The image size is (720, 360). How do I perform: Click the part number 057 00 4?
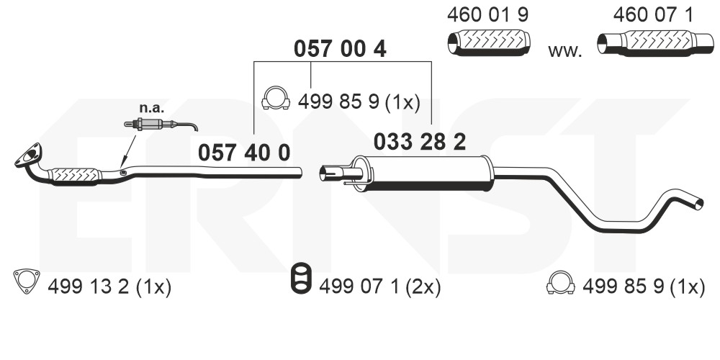tap(340, 48)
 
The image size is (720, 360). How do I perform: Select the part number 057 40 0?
tap(244, 153)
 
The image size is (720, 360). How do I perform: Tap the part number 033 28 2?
tap(420, 142)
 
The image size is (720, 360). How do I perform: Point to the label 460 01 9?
tap(487, 15)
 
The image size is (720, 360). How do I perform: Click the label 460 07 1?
tap(653, 15)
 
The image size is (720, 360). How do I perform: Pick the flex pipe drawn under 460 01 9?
tap(489, 42)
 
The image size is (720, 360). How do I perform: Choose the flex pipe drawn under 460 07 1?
tap(655, 43)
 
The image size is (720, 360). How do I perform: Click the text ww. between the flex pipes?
tap(564, 50)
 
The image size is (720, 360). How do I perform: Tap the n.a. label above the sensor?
tap(151, 109)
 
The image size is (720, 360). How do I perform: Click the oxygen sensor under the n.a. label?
tap(161, 124)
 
